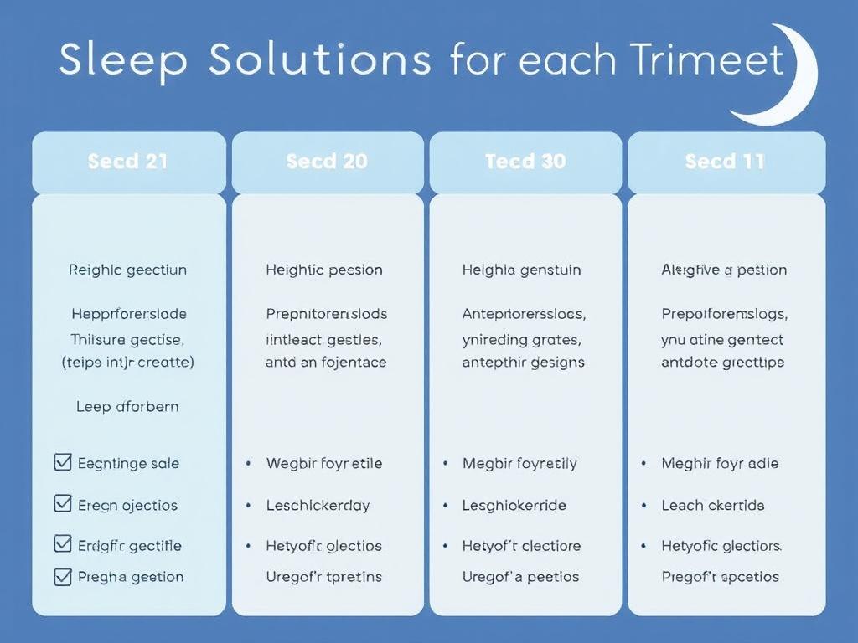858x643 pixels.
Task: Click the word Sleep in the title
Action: pyautogui.click(x=123, y=60)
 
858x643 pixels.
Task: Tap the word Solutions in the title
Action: pyautogui.click(x=320, y=60)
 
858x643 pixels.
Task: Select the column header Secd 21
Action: pyautogui.click(x=128, y=162)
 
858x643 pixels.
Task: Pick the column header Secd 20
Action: pyautogui.click(x=327, y=162)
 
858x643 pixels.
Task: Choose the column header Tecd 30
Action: pyautogui.click(x=525, y=162)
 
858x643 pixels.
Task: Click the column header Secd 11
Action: pyautogui.click(x=725, y=162)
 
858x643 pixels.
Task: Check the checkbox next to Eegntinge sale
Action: pyautogui.click(x=62, y=461)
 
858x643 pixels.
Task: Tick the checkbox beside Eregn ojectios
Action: pyautogui.click(x=62, y=503)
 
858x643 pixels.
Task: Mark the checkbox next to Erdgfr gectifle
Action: pyautogui.click(x=62, y=543)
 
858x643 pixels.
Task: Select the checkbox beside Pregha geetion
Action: pyautogui.click(x=62, y=575)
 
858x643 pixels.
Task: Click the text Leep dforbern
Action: pyautogui.click(x=127, y=407)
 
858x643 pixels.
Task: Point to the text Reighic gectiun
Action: pyautogui.click(x=127, y=270)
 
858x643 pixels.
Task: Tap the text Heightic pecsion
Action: pyautogui.click(x=324, y=270)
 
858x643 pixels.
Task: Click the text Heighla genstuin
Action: pyautogui.click(x=521, y=270)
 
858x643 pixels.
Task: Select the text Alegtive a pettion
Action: pyautogui.click(x=724, y=270)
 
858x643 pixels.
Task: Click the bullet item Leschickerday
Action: pyautogui.click(x=318, y=505)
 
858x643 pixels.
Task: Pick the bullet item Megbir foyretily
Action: pyautogui.click(x=519, y=463)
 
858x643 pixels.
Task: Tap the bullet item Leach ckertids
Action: pyautogui.click(x=713, y=505)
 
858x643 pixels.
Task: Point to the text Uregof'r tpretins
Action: pyautogui.click(x=323, y=576)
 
